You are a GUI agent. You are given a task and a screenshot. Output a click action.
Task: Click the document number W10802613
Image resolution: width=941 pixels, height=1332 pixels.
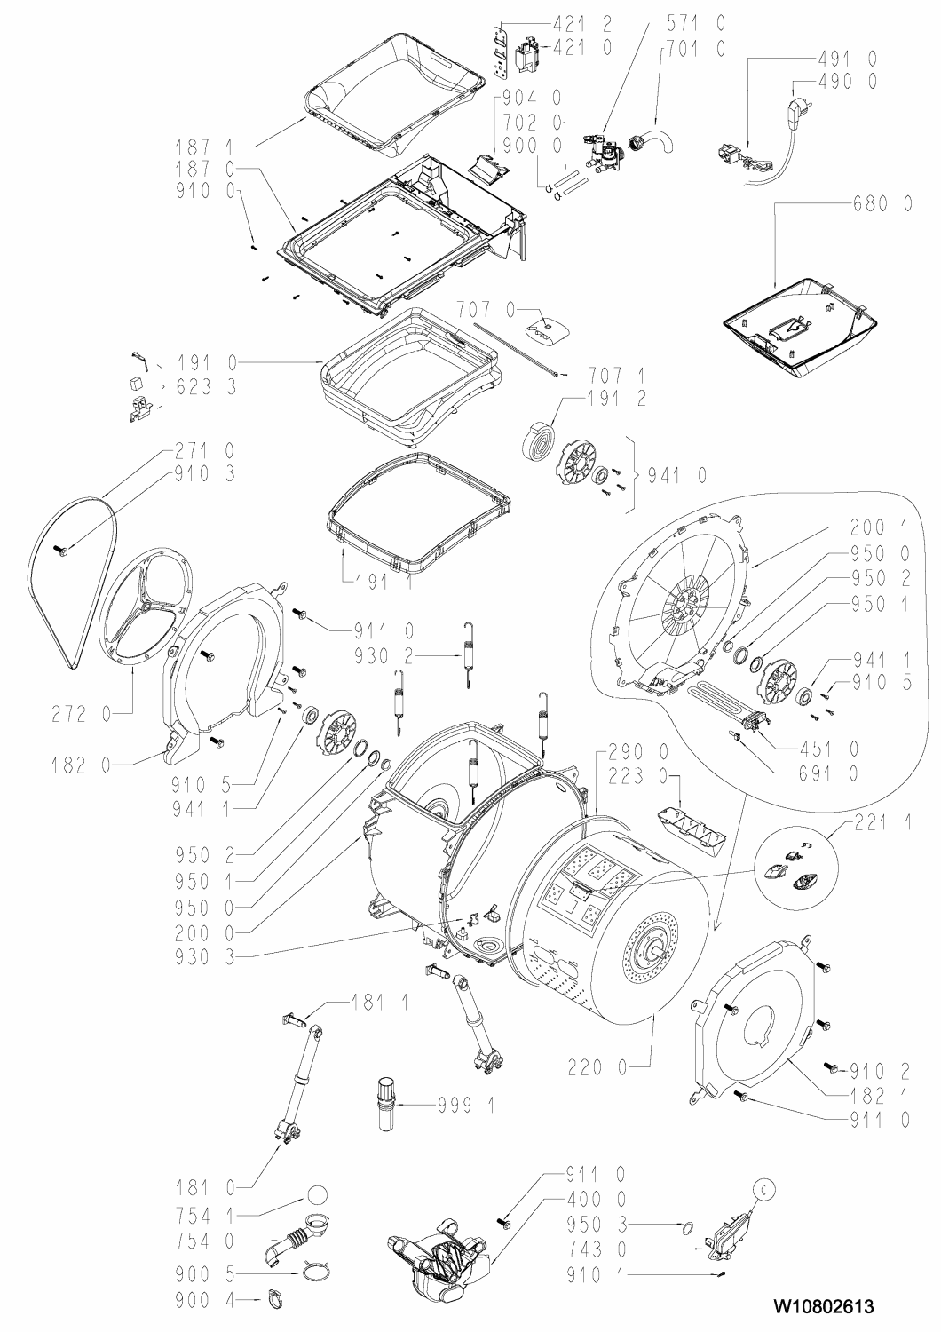coord(823,1302)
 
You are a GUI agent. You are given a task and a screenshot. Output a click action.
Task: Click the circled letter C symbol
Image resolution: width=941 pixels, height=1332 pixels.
coord(764,1187)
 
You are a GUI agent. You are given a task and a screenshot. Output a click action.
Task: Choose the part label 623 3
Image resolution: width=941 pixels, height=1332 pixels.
coord(207,387)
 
